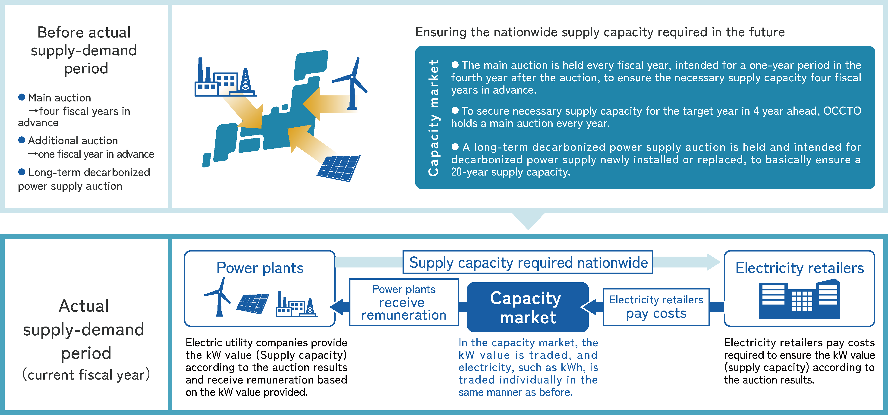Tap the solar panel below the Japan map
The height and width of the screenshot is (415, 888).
339,168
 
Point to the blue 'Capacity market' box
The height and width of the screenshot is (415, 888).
527,307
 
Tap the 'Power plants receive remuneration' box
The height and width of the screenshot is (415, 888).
404,302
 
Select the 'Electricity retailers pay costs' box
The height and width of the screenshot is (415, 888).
656,307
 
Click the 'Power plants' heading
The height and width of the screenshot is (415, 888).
260,268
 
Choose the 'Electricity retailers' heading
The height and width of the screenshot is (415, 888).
799,268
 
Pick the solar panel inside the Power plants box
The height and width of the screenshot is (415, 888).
253,303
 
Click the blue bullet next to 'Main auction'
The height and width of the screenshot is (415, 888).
22,97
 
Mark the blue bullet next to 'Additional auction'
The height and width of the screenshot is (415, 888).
22,140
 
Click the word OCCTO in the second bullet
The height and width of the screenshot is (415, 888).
842,111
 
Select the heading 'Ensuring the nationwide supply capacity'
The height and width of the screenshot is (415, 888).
600,32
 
